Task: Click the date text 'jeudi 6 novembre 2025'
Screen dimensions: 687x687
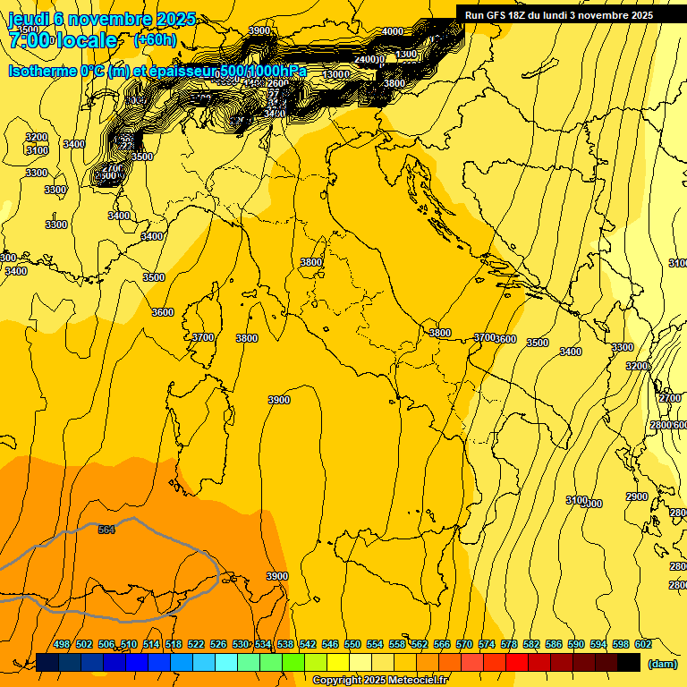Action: tap(102, 19)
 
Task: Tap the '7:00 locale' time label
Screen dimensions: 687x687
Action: tap(63, 40)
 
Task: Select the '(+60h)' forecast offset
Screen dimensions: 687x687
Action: tap(155, 40)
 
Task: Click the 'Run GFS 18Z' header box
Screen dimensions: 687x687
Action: tap(559, 15)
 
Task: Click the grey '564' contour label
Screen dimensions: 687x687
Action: tap(106, 530)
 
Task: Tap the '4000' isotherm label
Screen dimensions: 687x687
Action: tap(392, 31)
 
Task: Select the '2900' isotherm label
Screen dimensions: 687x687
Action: tap(636, 496)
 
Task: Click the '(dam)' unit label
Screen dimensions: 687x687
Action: tap(662, 664)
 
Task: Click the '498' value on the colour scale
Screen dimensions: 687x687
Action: tap(62, 644)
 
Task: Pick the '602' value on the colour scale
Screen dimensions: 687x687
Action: tap(643, 644)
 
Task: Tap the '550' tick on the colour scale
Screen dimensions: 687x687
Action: tap(352, 644)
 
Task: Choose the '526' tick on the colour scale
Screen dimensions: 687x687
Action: tap(218, 644)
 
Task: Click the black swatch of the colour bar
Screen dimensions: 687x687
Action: tap(629, 662)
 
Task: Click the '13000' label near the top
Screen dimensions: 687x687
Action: tap(336, 74)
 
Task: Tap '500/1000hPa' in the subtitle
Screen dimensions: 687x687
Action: tap(263, 72)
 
